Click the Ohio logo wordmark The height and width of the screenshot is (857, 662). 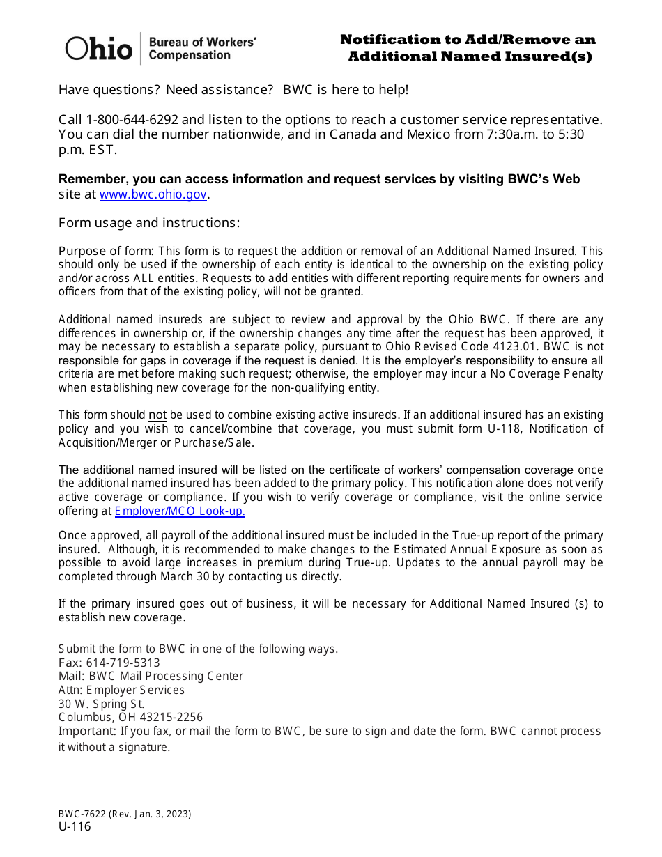click(98, 48)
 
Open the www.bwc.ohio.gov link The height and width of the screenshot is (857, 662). click(153, 195)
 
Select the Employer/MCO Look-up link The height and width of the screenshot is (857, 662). click(180, 511)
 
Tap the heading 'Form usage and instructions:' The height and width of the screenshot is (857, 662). click(149, 223)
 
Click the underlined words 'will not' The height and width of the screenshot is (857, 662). click(282, 292)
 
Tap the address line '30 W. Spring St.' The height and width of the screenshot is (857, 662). click(101, 704)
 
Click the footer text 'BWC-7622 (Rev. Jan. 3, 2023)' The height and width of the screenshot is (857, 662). click(125, 814)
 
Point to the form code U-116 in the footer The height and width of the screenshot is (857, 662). click(75, 827)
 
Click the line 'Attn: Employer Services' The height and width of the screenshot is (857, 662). click(121, 690)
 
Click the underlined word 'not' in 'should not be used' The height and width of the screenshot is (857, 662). click(157, 415)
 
